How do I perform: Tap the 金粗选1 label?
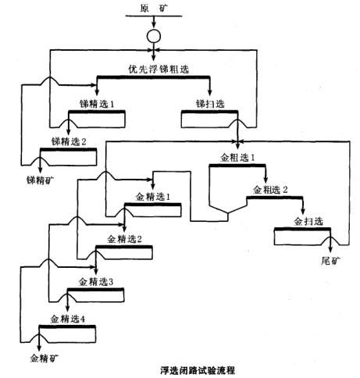coord(237,157)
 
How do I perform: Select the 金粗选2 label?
coord(269,190)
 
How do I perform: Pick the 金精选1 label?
coord(153,195)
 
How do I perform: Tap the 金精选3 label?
coord(96,281)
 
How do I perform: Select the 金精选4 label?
coord(68,319)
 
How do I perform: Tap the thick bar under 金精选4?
coord(68,328)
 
